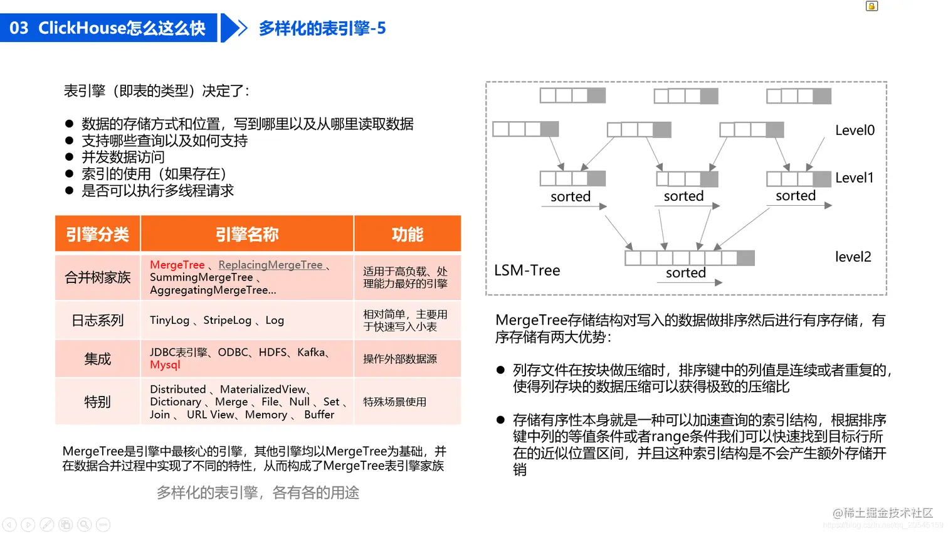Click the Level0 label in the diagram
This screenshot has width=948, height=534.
855,131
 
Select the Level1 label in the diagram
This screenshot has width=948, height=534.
854,178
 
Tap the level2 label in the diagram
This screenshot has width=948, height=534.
853,257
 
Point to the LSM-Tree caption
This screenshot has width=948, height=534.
527,270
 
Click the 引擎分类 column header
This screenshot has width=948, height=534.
97,235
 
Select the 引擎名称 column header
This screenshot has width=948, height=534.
247,235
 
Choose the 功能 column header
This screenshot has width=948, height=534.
407,235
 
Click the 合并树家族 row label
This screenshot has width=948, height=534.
97,277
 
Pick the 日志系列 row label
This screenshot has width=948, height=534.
97,321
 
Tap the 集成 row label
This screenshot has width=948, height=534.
97,359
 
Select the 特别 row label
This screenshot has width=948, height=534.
97,402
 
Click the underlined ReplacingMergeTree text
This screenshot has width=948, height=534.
270,265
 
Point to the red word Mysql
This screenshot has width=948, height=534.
165,365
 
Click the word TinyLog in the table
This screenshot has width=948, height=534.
169,320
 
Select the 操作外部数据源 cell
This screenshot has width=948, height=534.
399,359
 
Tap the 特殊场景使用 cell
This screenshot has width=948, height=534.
394,402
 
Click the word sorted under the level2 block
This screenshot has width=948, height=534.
685,273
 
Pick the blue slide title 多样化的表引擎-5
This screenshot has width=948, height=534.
322,28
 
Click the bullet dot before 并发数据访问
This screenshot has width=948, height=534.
70,158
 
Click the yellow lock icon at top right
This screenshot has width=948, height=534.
872,6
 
